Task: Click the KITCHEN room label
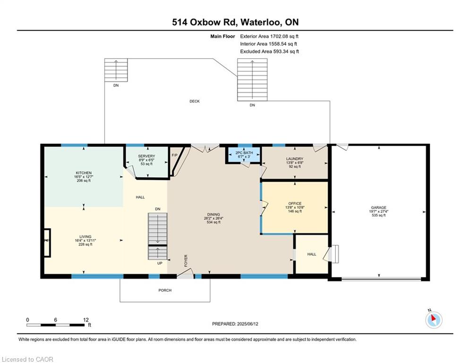click(x=84, y=173)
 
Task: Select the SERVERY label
click(x=146, y=156)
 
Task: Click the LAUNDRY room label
click(x=294, y=159)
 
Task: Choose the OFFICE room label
click(x=295, y=204)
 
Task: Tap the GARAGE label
click(x=378, y=207)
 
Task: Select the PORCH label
click(x=165, y=290)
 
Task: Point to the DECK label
click(x=195, y=101)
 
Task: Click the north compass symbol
click(x=433, y=320)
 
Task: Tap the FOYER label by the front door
click(x=186, y=260)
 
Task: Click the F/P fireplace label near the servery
click(x=174, y=155)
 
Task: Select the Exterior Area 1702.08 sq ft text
click(x=269, y=36)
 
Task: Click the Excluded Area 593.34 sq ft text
click(x=269, y=52)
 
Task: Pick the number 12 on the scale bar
click(x=85, y=320)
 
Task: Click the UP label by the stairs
click(x=160, y=263)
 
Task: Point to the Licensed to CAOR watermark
click(x=28, y=359)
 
